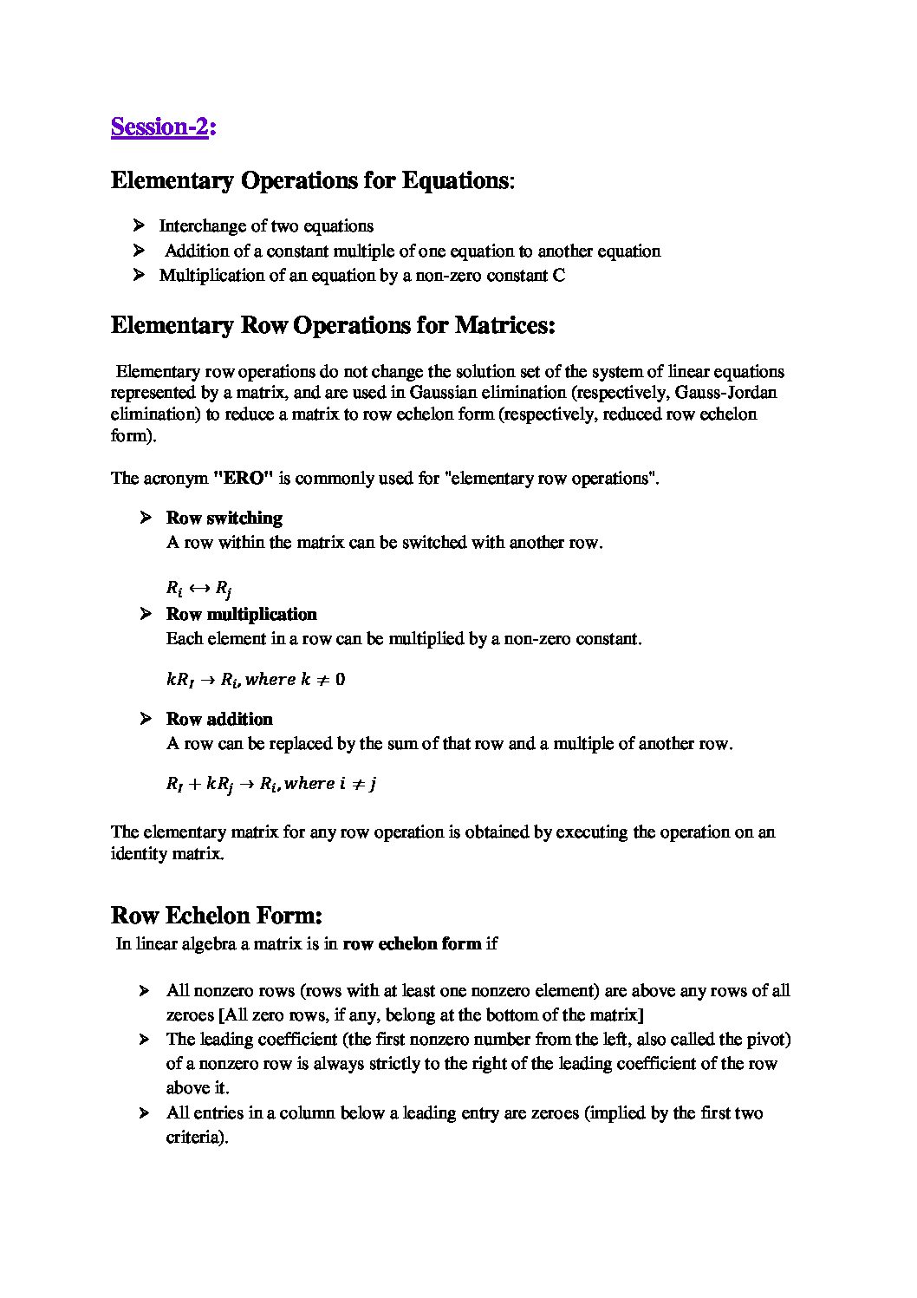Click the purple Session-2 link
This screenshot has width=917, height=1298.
pos(160,127)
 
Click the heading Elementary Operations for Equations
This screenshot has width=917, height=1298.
pos(310,181)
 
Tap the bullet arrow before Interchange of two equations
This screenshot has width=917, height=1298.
pos(139,226)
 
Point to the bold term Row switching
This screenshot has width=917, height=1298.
pos(224,519)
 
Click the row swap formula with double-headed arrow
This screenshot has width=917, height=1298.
pos(198,590)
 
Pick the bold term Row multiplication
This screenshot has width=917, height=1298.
pos(241,615)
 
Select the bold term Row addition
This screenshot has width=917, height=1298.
pos(219,720)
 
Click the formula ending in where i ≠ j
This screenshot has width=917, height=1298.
pos(270,784)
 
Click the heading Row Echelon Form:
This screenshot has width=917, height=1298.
pos(217,916)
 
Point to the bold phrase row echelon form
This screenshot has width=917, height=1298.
pos(412,944)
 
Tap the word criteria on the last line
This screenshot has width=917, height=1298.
pos(195,1138)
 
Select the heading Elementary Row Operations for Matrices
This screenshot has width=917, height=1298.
pos(333,326)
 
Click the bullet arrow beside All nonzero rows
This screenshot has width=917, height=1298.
pos(145,991)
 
